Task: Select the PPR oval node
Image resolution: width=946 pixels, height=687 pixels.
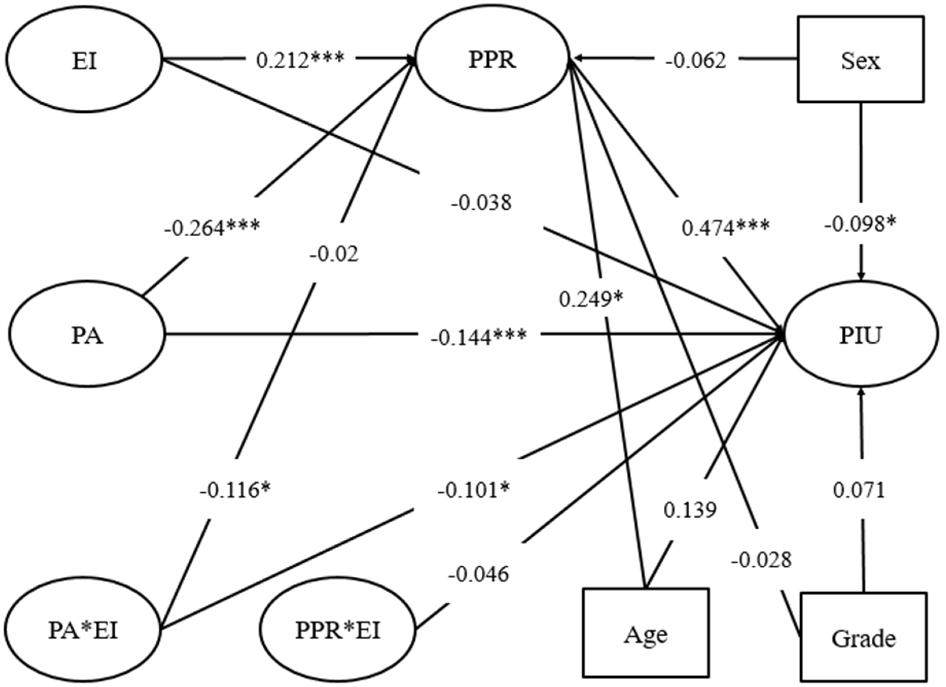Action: click(x=492, y=59)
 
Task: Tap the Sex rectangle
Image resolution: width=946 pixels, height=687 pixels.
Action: click(x=860, y=59)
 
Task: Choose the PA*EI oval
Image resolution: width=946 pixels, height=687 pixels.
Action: click(x=84, y=630)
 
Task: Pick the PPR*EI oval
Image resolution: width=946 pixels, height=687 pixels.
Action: click(x=338, y=630)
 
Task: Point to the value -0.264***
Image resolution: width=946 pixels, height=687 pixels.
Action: click(x=212, y=228)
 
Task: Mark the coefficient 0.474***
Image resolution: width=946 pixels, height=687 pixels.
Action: click(x=726, y=228)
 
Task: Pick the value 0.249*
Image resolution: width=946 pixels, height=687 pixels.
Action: click(x=591, y=299)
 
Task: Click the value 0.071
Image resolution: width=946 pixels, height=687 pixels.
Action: click(x=859, y=490)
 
